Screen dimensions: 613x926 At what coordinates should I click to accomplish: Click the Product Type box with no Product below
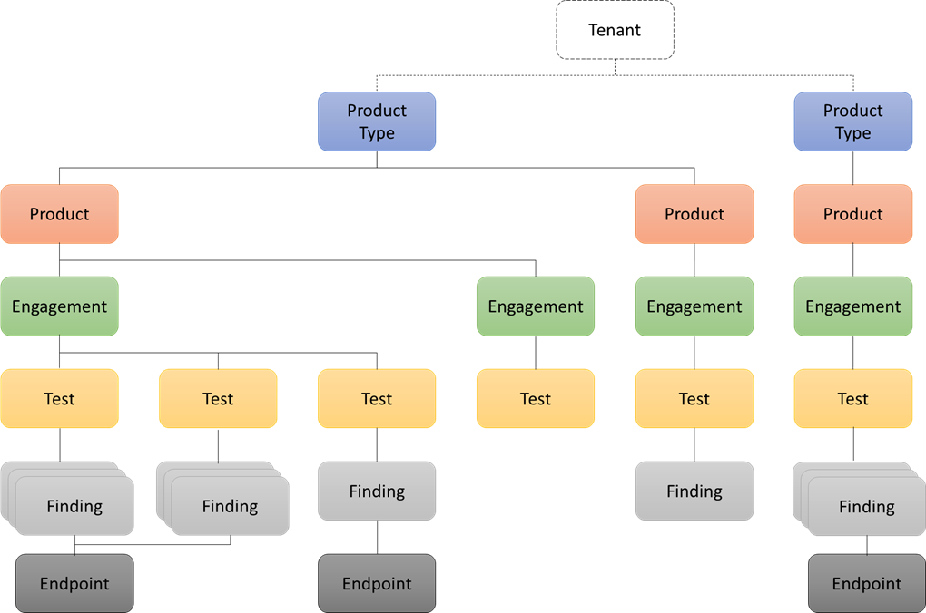click(377, 122)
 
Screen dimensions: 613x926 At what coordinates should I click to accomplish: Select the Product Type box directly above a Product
click(853, 122)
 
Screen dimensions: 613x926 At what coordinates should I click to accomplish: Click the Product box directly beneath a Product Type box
click(853, 214)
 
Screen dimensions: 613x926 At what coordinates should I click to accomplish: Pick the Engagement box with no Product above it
click(536, 306)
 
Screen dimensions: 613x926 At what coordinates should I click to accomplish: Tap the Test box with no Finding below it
click(536, 399)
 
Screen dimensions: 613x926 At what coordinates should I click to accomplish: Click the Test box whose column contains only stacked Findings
click(218, 399)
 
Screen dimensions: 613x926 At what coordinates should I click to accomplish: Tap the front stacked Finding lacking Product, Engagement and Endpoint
click(230, 506)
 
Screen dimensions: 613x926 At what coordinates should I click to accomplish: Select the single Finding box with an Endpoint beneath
click(377, 491)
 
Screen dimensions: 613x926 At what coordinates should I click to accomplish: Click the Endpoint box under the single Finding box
click(377, 584)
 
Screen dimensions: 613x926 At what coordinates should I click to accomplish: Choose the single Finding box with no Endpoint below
click(694, 491)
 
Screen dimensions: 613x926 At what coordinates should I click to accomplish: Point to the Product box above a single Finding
click(694, 214)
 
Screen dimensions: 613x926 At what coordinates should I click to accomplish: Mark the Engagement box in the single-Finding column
click(694, 306)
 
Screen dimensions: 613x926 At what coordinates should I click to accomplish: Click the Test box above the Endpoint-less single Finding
click(694, 399)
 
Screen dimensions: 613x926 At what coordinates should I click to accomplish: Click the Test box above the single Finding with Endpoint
click(377, 399)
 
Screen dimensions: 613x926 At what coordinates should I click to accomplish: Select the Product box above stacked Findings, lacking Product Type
click(60, 214)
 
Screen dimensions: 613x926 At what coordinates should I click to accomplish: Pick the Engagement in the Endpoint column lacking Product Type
click(60, 306)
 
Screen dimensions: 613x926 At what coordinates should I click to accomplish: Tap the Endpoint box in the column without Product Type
click(74, 584)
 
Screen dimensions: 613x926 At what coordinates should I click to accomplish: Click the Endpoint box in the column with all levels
click(867, 584)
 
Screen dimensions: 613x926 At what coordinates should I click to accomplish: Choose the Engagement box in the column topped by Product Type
click(853, 306)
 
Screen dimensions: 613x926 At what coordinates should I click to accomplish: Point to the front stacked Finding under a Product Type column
click(867, 506)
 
